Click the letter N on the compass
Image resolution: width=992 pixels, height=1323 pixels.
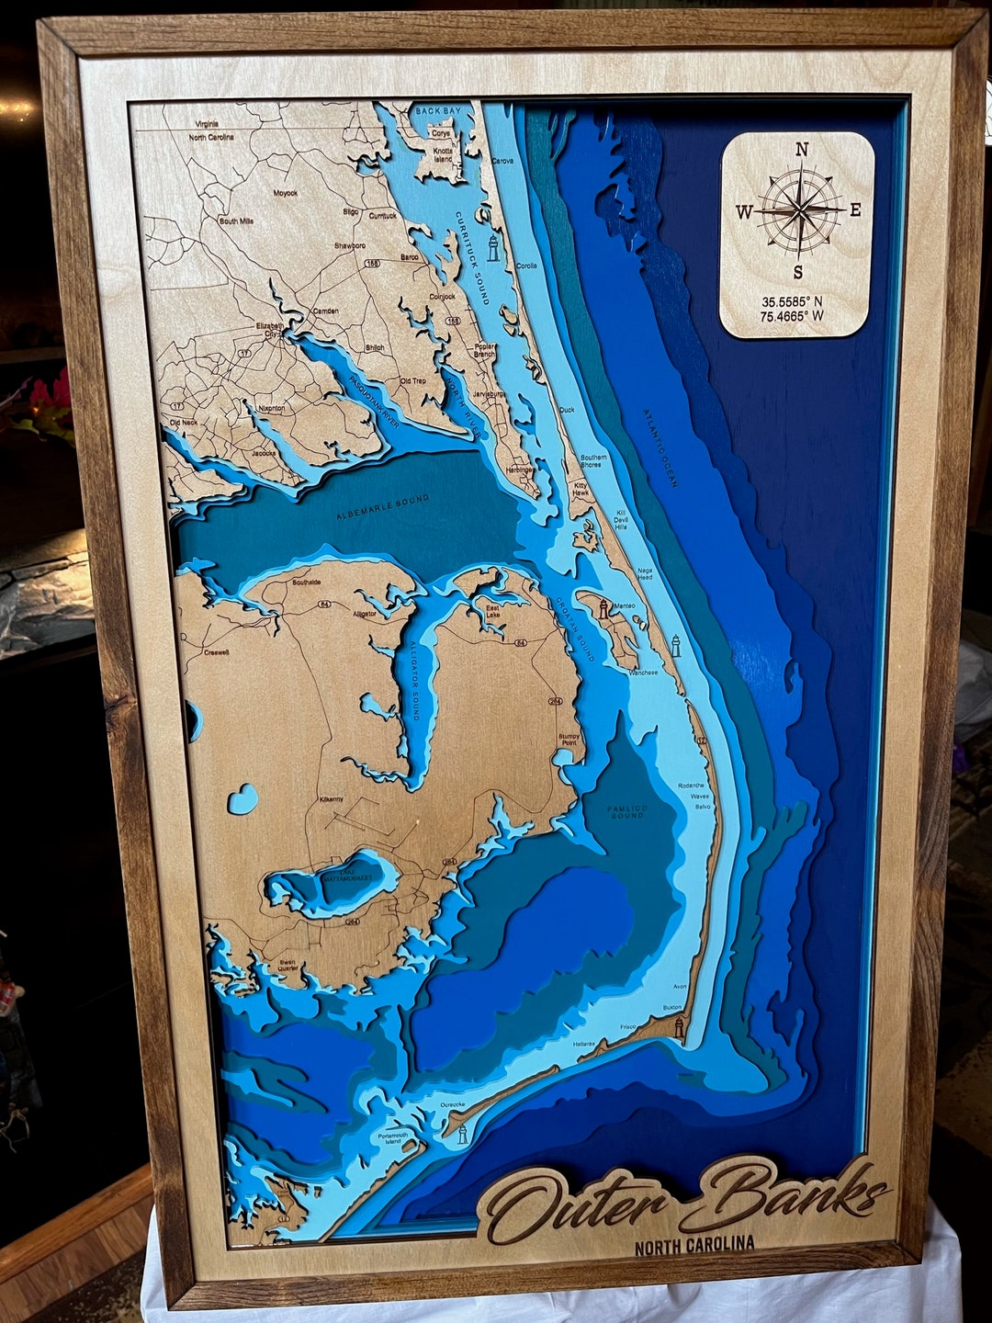pos(801,151)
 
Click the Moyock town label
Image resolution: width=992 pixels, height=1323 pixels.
pos(285,194)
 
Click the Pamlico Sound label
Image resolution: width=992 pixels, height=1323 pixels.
pos(626,810)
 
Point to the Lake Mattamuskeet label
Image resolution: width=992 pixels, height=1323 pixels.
pos(342,877)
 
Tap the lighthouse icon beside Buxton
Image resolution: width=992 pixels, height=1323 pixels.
pos(679,1026)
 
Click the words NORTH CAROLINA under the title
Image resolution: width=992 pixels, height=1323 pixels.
pos(694,1244)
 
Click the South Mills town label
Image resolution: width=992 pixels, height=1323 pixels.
pos(236,221)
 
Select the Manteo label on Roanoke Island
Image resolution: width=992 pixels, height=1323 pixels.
pos(625,606)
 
